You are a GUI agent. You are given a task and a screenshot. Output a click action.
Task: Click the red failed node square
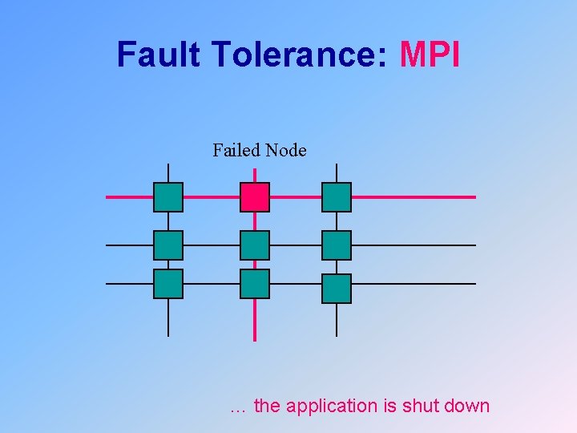click(x=255, y=197)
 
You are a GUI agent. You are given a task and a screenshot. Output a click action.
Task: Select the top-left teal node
click(x=168, y=197)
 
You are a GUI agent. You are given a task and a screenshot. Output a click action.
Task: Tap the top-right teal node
click(x=337, y=197)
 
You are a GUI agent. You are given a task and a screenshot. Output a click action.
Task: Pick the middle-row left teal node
click(x=168, y=245)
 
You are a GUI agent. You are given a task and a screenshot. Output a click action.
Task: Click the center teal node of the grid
click(x=255, y=245)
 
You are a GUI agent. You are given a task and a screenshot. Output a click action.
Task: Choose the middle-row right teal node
click(x=337, y=245)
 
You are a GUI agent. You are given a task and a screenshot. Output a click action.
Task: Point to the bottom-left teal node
click(x=168, y=284)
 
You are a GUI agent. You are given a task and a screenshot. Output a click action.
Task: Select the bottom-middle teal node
click(x=255, y=284)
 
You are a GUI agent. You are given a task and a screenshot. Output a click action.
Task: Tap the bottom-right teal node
click(x=337, y=289)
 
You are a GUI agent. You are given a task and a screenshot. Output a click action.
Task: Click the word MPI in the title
click(x=430, y=55)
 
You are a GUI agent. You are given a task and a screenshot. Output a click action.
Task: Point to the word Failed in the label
click(x=236, y=150)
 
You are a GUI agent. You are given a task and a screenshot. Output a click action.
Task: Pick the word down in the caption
click(x=466, y=406)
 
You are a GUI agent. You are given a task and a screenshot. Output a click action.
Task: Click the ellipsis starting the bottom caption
click(x=238, y=408)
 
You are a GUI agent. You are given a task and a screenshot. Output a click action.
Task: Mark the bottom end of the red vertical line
click(x=255, y=339)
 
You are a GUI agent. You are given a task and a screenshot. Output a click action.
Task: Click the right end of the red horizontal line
click(x=474, y=197)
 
